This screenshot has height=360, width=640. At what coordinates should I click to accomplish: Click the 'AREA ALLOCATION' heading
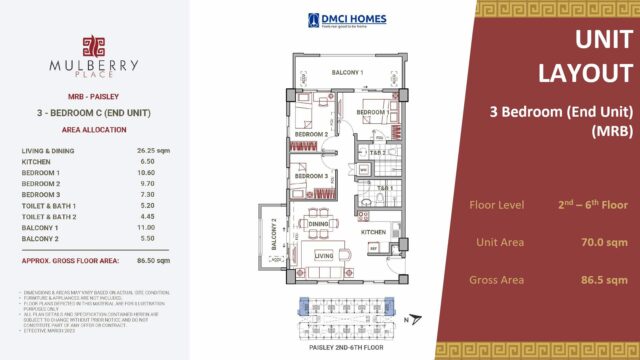click(x=91, y=129)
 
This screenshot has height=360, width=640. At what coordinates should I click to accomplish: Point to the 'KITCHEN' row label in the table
click(x=36, y=160)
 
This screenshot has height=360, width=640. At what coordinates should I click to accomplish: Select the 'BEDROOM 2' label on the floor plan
click(x=311, y=133)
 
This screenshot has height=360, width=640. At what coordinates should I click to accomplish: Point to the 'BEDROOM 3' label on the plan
click(x=311, y=176)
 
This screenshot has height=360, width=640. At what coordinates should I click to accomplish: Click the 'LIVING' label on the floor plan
click(x=323, y=255)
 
